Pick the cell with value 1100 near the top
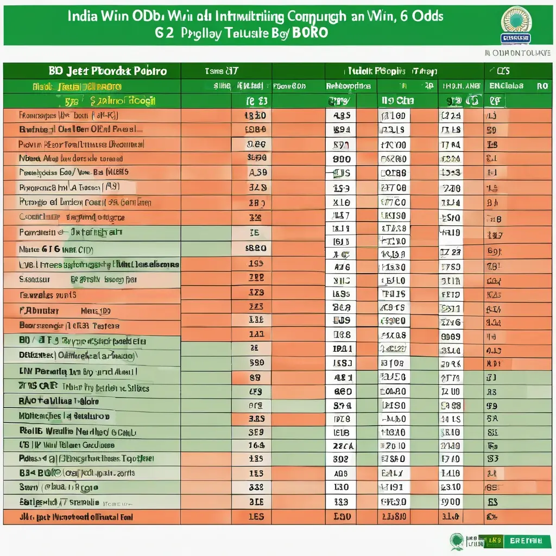[393, 116]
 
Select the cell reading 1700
[393, 145]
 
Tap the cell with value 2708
[393, 188]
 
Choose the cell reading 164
[256, 445]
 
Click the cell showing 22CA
[343, 445]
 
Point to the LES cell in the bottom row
[256, 516]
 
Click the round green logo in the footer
[457, 540]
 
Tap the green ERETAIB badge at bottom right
[526, 541]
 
